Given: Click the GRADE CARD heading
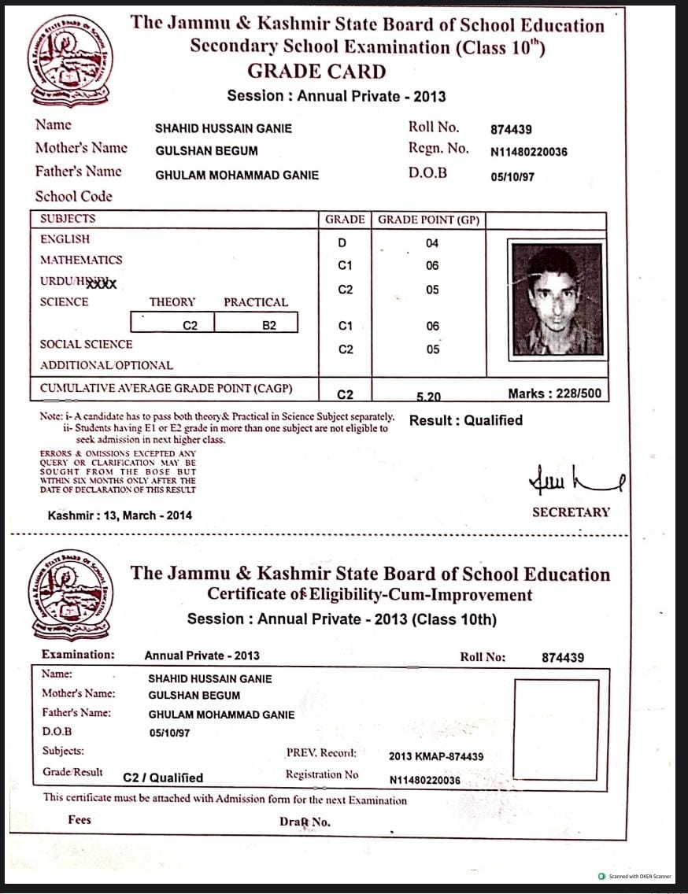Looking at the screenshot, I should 316,72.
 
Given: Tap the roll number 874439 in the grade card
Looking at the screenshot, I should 511,130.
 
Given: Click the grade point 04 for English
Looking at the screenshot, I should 432,244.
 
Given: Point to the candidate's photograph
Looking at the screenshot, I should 557,299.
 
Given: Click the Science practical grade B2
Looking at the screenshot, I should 269,324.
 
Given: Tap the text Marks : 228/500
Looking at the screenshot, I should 555,393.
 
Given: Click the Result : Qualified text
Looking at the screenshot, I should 465,420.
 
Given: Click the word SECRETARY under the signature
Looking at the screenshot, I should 571,512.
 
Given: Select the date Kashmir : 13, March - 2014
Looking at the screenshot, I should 120,515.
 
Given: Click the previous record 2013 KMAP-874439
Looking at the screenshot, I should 436,756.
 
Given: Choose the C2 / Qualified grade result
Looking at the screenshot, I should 163,778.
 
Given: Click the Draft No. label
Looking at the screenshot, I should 305,822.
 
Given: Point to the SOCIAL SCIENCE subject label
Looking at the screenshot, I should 87,344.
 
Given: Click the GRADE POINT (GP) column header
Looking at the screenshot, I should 428,220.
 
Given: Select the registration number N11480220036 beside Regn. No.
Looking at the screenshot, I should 528,152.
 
